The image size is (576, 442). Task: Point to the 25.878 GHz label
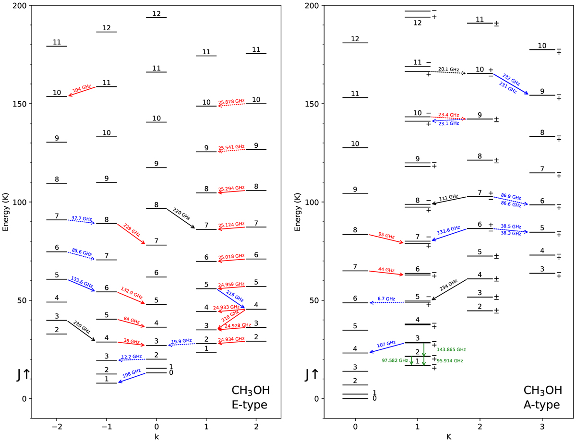pos(231,102)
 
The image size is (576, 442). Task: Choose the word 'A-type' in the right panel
pos(541,406)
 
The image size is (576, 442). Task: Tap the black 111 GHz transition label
pos(449,197)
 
